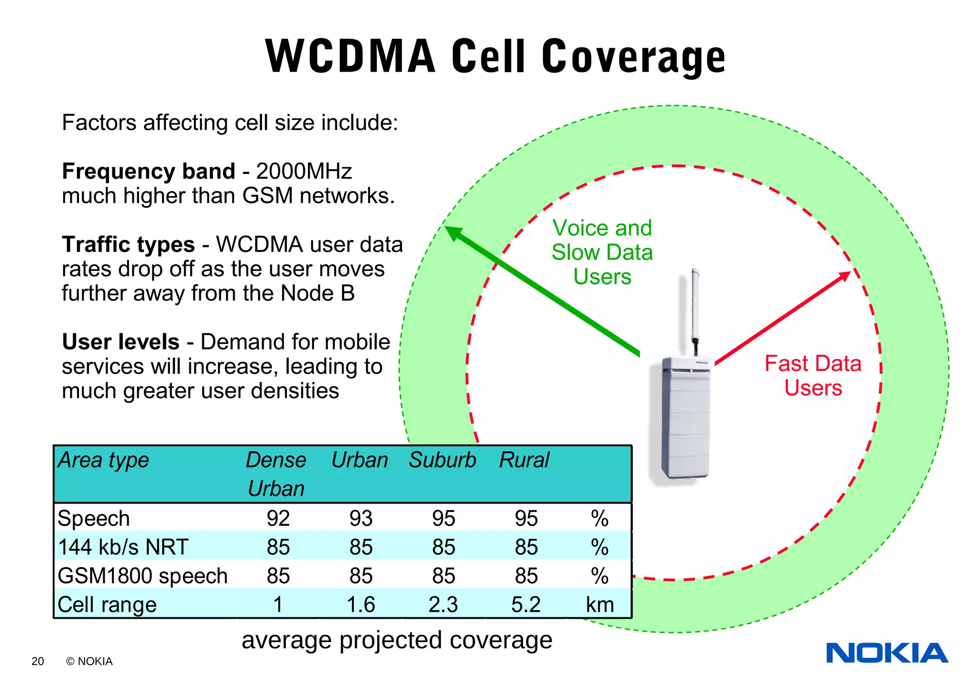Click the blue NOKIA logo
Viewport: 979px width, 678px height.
pyautogui.click(x=887, y=653)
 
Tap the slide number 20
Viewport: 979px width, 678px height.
pyautogui.click(x=38, y=661)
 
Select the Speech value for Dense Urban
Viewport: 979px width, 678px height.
pyautogui.click(x=278, y=518)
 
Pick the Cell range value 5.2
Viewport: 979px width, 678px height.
pyautogui.click(x=526, y=604)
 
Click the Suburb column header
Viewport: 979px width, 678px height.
pyautogui.click(x=443, y=460)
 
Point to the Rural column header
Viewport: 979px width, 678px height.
pyautogui.click(x=524, y=460)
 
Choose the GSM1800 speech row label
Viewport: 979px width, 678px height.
pyautogui.click(x=142, y=576)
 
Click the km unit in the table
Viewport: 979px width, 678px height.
pyautogui.click(x=600, y=604)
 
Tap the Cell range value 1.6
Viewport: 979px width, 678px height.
pyautogui.click(x=361, y=604)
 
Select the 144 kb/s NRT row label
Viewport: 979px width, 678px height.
pyautogui.click(x=123, y=547)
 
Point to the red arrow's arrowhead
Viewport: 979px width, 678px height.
pyautogui.click(x=846, y=275)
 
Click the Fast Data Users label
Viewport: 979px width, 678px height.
pyautogui.click(x=813, y=375)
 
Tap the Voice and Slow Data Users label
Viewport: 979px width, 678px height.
pyautogui.click(x=602, y=252)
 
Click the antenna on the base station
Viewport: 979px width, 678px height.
pyautogui.click(x=696, y=306)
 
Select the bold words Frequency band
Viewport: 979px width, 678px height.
pyautogui.click(x=149, y=171)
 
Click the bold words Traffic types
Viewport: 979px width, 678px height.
pyautogui.click(x=128, y=244)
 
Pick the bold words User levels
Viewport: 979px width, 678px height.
pyautogui.click(x=121, y=342)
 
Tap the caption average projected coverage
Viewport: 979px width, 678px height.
pyautogui.click(x=397, y=640)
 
